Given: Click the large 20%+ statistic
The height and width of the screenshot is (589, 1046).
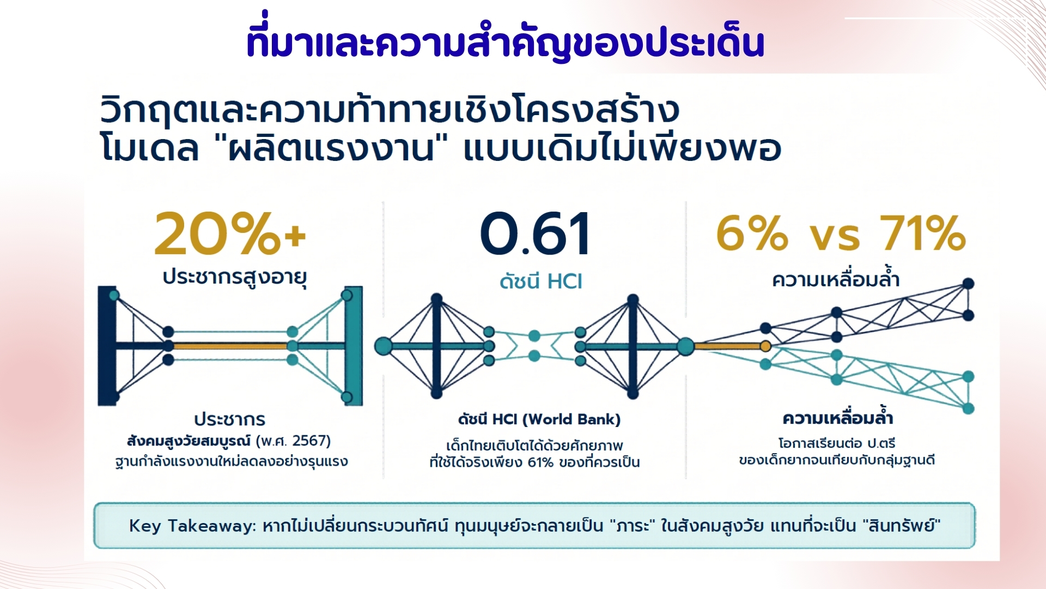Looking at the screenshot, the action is pyautogui.click(x=230, y=235).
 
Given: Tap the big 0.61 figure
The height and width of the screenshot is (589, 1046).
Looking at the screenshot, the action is pyautogui.click(x=536, y=235).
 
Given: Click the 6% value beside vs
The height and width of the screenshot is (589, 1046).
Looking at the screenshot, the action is pyautogui.click(x=752, y=233).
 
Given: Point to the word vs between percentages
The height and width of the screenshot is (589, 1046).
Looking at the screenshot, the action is pyautogui.click(x=835, y=238).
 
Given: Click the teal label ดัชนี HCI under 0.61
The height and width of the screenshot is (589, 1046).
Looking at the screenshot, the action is pyautogui.click(x=541, y=281).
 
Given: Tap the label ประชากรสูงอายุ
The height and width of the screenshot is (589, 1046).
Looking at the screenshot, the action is pyautogui.click(x=235, y=277).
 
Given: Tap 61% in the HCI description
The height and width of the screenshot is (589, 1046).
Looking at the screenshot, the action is pyautogui.click(x=540, y=463).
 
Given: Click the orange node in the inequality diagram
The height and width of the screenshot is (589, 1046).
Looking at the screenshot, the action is pyautogui.click(x=765, y=346).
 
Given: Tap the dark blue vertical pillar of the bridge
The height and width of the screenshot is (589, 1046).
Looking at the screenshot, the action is pyautogui.click(x=107, y=346).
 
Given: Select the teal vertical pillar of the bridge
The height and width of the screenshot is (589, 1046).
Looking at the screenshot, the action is pyautogui.click(x=354, y=346).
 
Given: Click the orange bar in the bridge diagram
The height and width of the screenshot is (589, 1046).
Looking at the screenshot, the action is pyautogui.click(x=230, y=346).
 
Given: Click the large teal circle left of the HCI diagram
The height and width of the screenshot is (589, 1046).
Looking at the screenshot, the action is pyautogui.click(x=384, y=346).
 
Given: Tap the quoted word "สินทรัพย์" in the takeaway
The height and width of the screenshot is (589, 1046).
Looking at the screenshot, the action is pyautogui.click(x=902, y=526).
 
